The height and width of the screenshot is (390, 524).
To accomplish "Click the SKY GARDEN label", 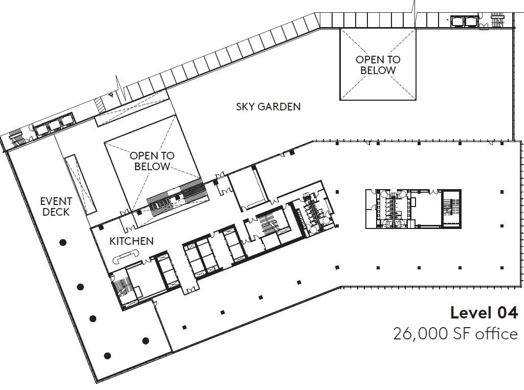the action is [x=268, y=106].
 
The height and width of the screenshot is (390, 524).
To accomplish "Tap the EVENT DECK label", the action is [x=56, y=207].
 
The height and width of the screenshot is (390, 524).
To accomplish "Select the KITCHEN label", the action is [x=132, y=241].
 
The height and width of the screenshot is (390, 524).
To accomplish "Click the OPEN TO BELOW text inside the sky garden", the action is [x=378, y=65].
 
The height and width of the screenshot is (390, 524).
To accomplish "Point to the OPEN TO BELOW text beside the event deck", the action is [x=152, y=161].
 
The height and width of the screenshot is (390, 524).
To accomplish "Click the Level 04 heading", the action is [x=484, y=313].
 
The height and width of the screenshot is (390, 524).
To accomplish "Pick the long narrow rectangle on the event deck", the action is [x=80, y=185].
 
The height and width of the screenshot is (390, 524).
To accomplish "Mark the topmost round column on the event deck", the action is [x=63, y=242].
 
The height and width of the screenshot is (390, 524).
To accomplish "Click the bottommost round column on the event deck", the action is [x=107, y=356].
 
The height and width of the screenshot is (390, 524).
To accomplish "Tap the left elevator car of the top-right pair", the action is [x=456, y=21].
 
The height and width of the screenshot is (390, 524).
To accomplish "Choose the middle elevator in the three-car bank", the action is [x=54, y=125].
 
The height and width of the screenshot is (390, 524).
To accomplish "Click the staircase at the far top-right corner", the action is [x=498, y=21].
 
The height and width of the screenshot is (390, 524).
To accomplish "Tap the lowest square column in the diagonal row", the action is [x=184, y=327].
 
